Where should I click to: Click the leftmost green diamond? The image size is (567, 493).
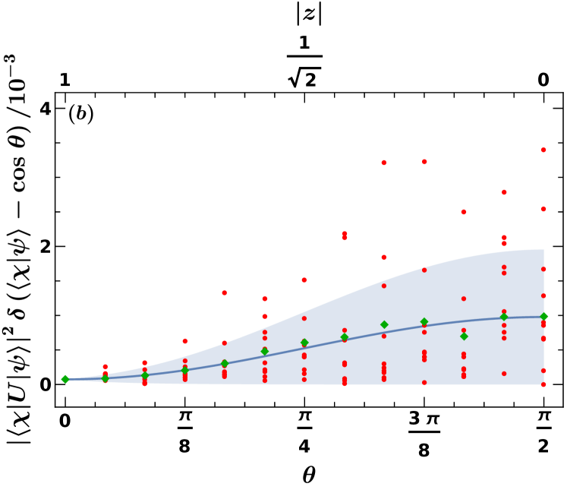click(65, 379)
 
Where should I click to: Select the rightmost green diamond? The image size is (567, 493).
click(543, 316)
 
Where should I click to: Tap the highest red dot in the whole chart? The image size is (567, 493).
click(543, 150)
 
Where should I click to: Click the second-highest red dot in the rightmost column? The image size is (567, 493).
click(543, 209)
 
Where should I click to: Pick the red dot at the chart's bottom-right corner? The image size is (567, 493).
click(543, 384)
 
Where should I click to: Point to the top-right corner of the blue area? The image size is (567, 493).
click(543, 250)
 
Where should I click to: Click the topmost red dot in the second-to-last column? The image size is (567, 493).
click(504, 192)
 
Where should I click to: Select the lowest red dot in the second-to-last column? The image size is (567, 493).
click(504, 374)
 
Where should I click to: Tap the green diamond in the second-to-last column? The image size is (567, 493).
click(504, 316)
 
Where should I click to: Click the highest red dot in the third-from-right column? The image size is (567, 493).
click(464, 212)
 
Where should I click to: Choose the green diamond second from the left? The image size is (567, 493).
click(105, 378)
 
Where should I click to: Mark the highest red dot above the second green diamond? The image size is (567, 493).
click(105, 367)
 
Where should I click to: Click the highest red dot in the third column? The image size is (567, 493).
click(145, 363)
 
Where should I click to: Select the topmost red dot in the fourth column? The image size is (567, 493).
click(185, 341)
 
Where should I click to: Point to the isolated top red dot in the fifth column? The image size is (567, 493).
click(225, 292)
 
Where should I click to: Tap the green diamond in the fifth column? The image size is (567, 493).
click(225, 363)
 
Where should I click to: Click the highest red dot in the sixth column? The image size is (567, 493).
click(265, 299)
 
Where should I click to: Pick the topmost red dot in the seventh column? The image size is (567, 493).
click(304, 280)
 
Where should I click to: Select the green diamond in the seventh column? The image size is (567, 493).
click(304, 343)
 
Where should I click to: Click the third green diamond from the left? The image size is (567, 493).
click(145, 375)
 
